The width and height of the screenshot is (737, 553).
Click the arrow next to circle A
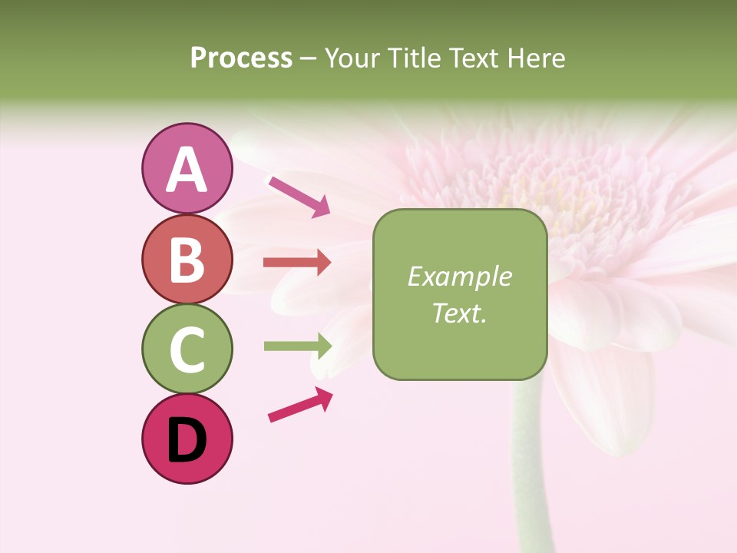[x=299, y=196]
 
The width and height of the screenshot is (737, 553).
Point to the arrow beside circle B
[x=297, y=263]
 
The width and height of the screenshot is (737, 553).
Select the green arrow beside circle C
[x=297, y=346]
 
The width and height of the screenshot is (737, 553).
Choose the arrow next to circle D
[x=300, y=405]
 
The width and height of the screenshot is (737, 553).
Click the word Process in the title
[x=241, y=58]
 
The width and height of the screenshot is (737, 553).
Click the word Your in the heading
[x=353, y=58]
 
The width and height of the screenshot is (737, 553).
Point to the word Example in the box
[x=459, y=277]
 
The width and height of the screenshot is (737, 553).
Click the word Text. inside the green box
[x=459, y=313]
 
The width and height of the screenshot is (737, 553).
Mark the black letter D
[x=187, y=441]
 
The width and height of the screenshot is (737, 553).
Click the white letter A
[x=187, y=170]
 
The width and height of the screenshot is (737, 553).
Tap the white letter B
[x=187, y=260]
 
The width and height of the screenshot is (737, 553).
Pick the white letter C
[x=187, y=350]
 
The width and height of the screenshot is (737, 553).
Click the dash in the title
[x=309, y=59]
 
